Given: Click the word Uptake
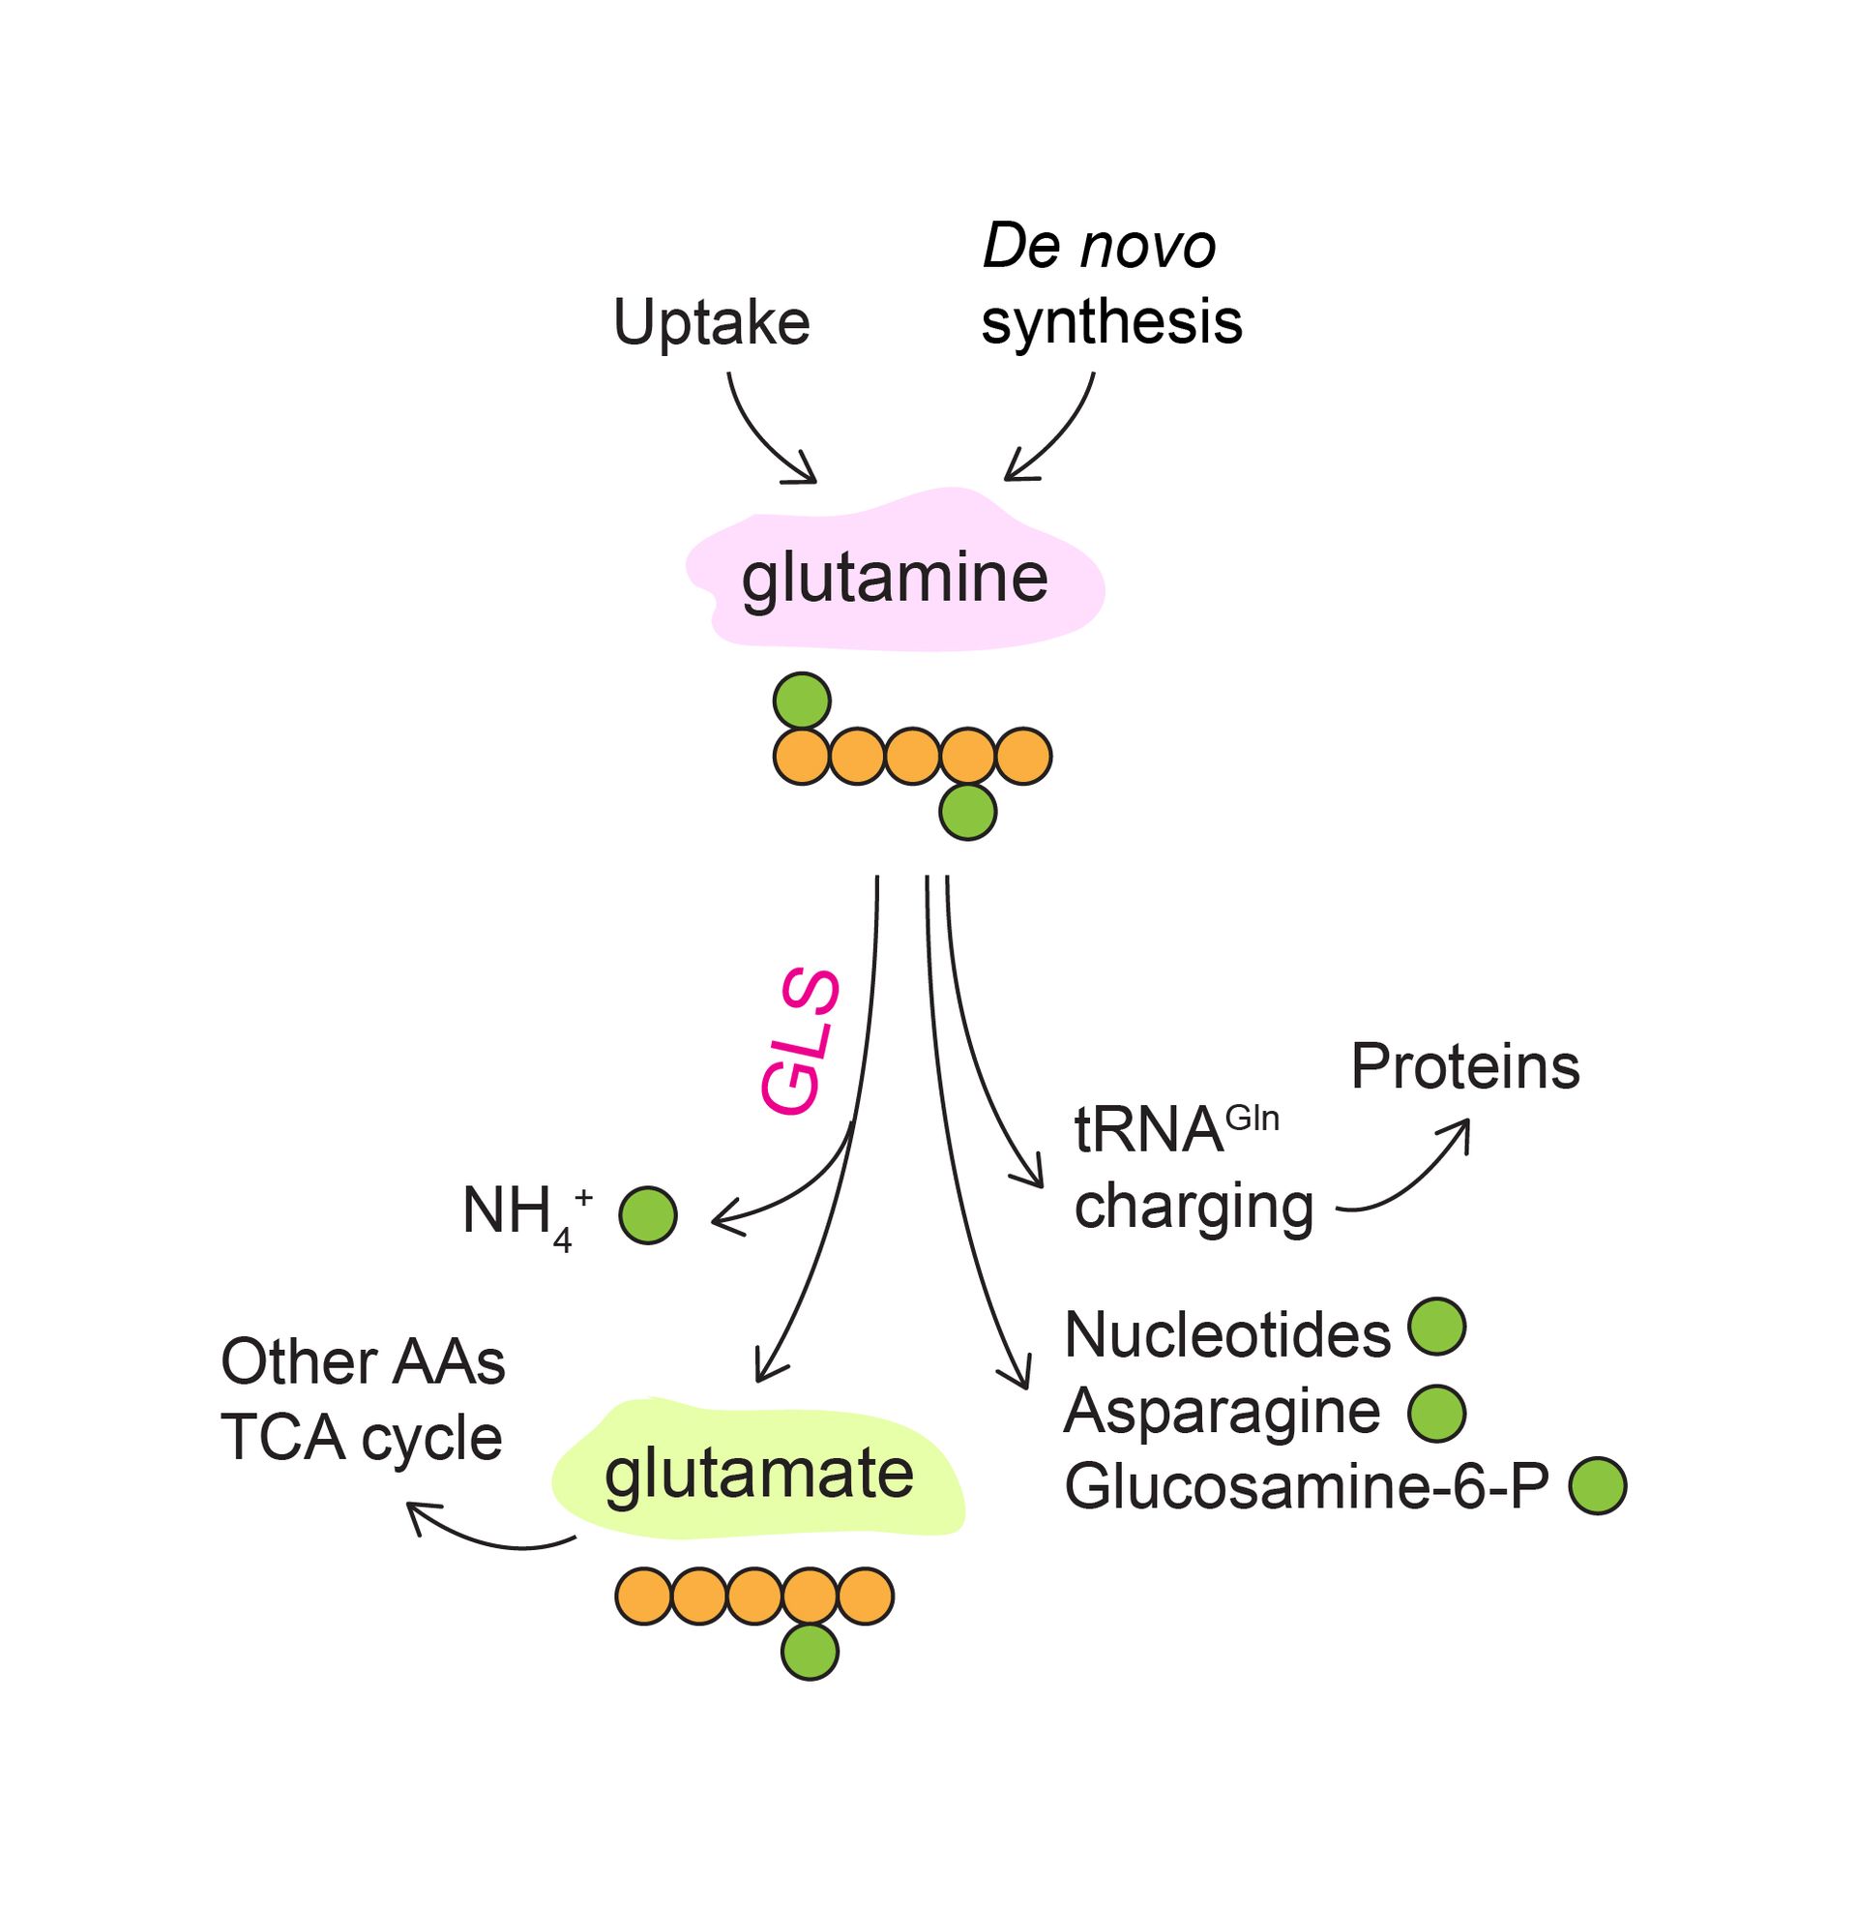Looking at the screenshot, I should tap(711, 322).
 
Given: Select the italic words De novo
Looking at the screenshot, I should tap(1099, 246).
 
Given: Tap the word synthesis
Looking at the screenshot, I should tap(1111, 322).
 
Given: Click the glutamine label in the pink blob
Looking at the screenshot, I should tap(895, 578).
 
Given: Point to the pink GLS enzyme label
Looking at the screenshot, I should tap(800, 1042).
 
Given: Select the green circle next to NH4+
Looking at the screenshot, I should tap(648, 1215).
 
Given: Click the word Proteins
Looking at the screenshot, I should tap(1464, 1066).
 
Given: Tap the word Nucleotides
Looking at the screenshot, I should tap(1227, 1333).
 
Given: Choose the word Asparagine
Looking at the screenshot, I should tap(1223, 1411).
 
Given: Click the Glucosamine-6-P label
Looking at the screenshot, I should tap(1306, 1486).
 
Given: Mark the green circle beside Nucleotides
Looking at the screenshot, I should tap(1437, 1327).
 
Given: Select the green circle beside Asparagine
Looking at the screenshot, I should tap(1437, 1413).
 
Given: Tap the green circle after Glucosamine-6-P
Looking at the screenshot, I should tap(1598, 1485).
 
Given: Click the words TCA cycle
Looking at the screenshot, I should tap(361, 1438).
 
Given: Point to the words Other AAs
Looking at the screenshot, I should tap(363, 1361).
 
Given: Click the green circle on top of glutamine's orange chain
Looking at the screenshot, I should tap(802, 701).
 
